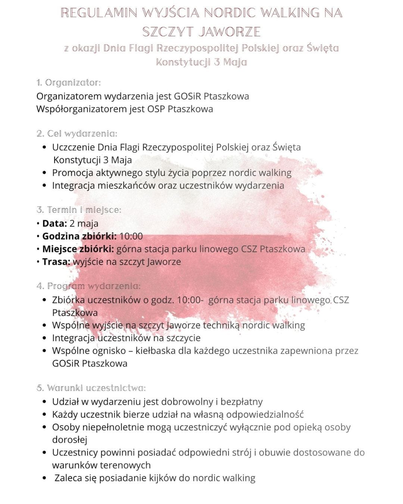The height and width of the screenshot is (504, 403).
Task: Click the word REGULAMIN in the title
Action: (x=99, y=13)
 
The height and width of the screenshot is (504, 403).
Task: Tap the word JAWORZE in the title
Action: (x=229, y=32)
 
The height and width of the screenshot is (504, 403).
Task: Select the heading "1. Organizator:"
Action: (x=69, y=83)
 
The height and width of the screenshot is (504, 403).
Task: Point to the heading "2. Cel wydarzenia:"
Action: (x=77, y=134)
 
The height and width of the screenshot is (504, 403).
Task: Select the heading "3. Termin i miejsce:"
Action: (x=79, y=210)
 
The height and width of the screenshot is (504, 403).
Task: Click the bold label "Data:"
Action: (x=54, y=224)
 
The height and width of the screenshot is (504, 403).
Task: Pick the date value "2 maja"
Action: (x=84, y=224)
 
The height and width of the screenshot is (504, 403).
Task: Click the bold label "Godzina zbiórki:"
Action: (x=79, y=236)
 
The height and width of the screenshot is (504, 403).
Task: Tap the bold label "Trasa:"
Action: (x=56, y=262)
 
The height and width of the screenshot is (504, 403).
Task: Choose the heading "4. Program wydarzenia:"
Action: (x=88, y=286)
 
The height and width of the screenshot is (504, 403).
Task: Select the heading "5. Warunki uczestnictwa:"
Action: (x=91, y=388)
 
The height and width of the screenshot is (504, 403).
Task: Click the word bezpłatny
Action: (x=241, y=402)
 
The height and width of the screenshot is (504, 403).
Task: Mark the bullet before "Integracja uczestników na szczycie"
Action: (x=45, y=338)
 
